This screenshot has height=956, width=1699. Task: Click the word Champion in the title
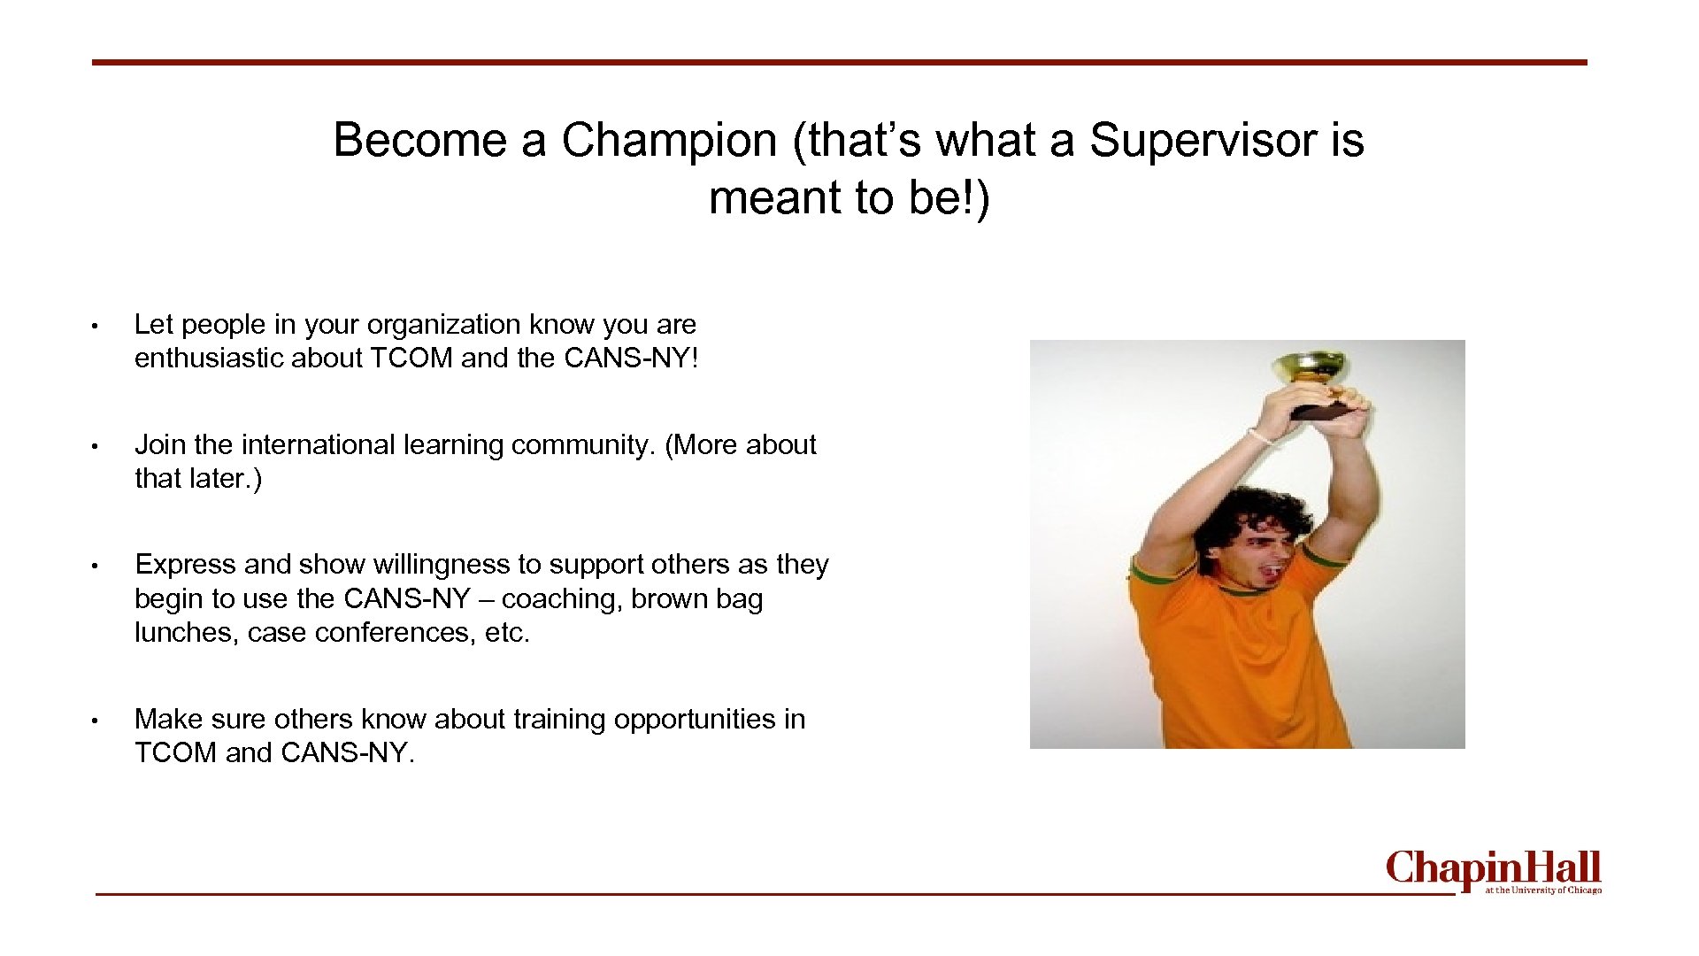tap(668, 140)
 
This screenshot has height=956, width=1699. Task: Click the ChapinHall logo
tap(1493, 869)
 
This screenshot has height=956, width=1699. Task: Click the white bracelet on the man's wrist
tap(1260, 436)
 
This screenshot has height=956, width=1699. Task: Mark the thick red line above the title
tap(839, 62)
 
